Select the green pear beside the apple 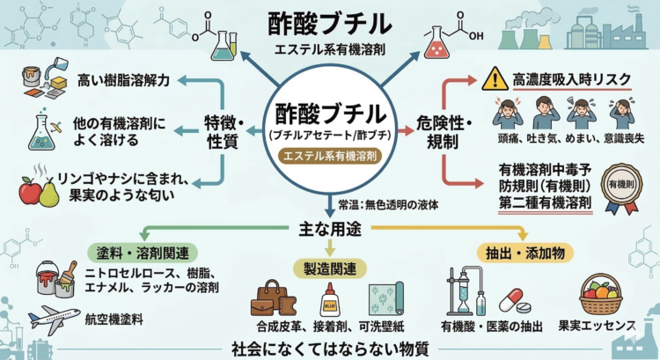tap(49, 193)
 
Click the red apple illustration tap(32, 190)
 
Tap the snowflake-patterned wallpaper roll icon tap(386, 299)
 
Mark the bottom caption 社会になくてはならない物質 tap(330, 347)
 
